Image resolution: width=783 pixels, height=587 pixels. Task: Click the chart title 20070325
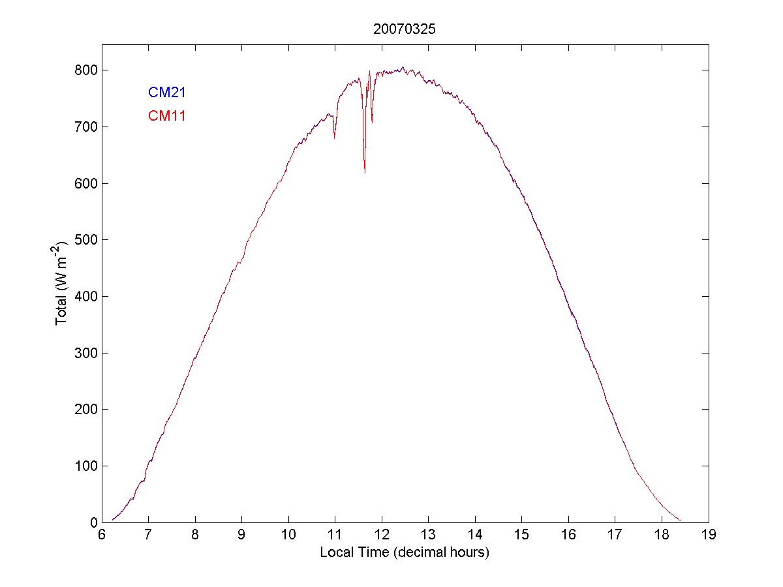tap(405, 29)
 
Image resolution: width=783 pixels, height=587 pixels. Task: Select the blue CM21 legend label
tap(167, 93)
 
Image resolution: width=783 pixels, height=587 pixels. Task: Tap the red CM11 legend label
tap(167, 117)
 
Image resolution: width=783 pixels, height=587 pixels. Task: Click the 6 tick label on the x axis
tap(102, 534)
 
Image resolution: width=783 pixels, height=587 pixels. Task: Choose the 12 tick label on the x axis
tap(382, 534)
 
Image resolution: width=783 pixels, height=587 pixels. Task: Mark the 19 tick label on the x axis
tap(709, 534)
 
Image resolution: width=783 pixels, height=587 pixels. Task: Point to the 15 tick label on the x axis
tap(522, 534)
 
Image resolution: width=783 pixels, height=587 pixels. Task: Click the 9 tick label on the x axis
tap(241, 534)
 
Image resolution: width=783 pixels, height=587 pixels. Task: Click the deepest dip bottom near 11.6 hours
tap(365, 173)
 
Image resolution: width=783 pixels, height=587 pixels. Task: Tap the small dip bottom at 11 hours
tap(335, 138)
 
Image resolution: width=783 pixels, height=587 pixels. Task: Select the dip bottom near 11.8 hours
tap(372, 122)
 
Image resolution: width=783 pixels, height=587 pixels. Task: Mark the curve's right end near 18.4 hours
tap(681, 520)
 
